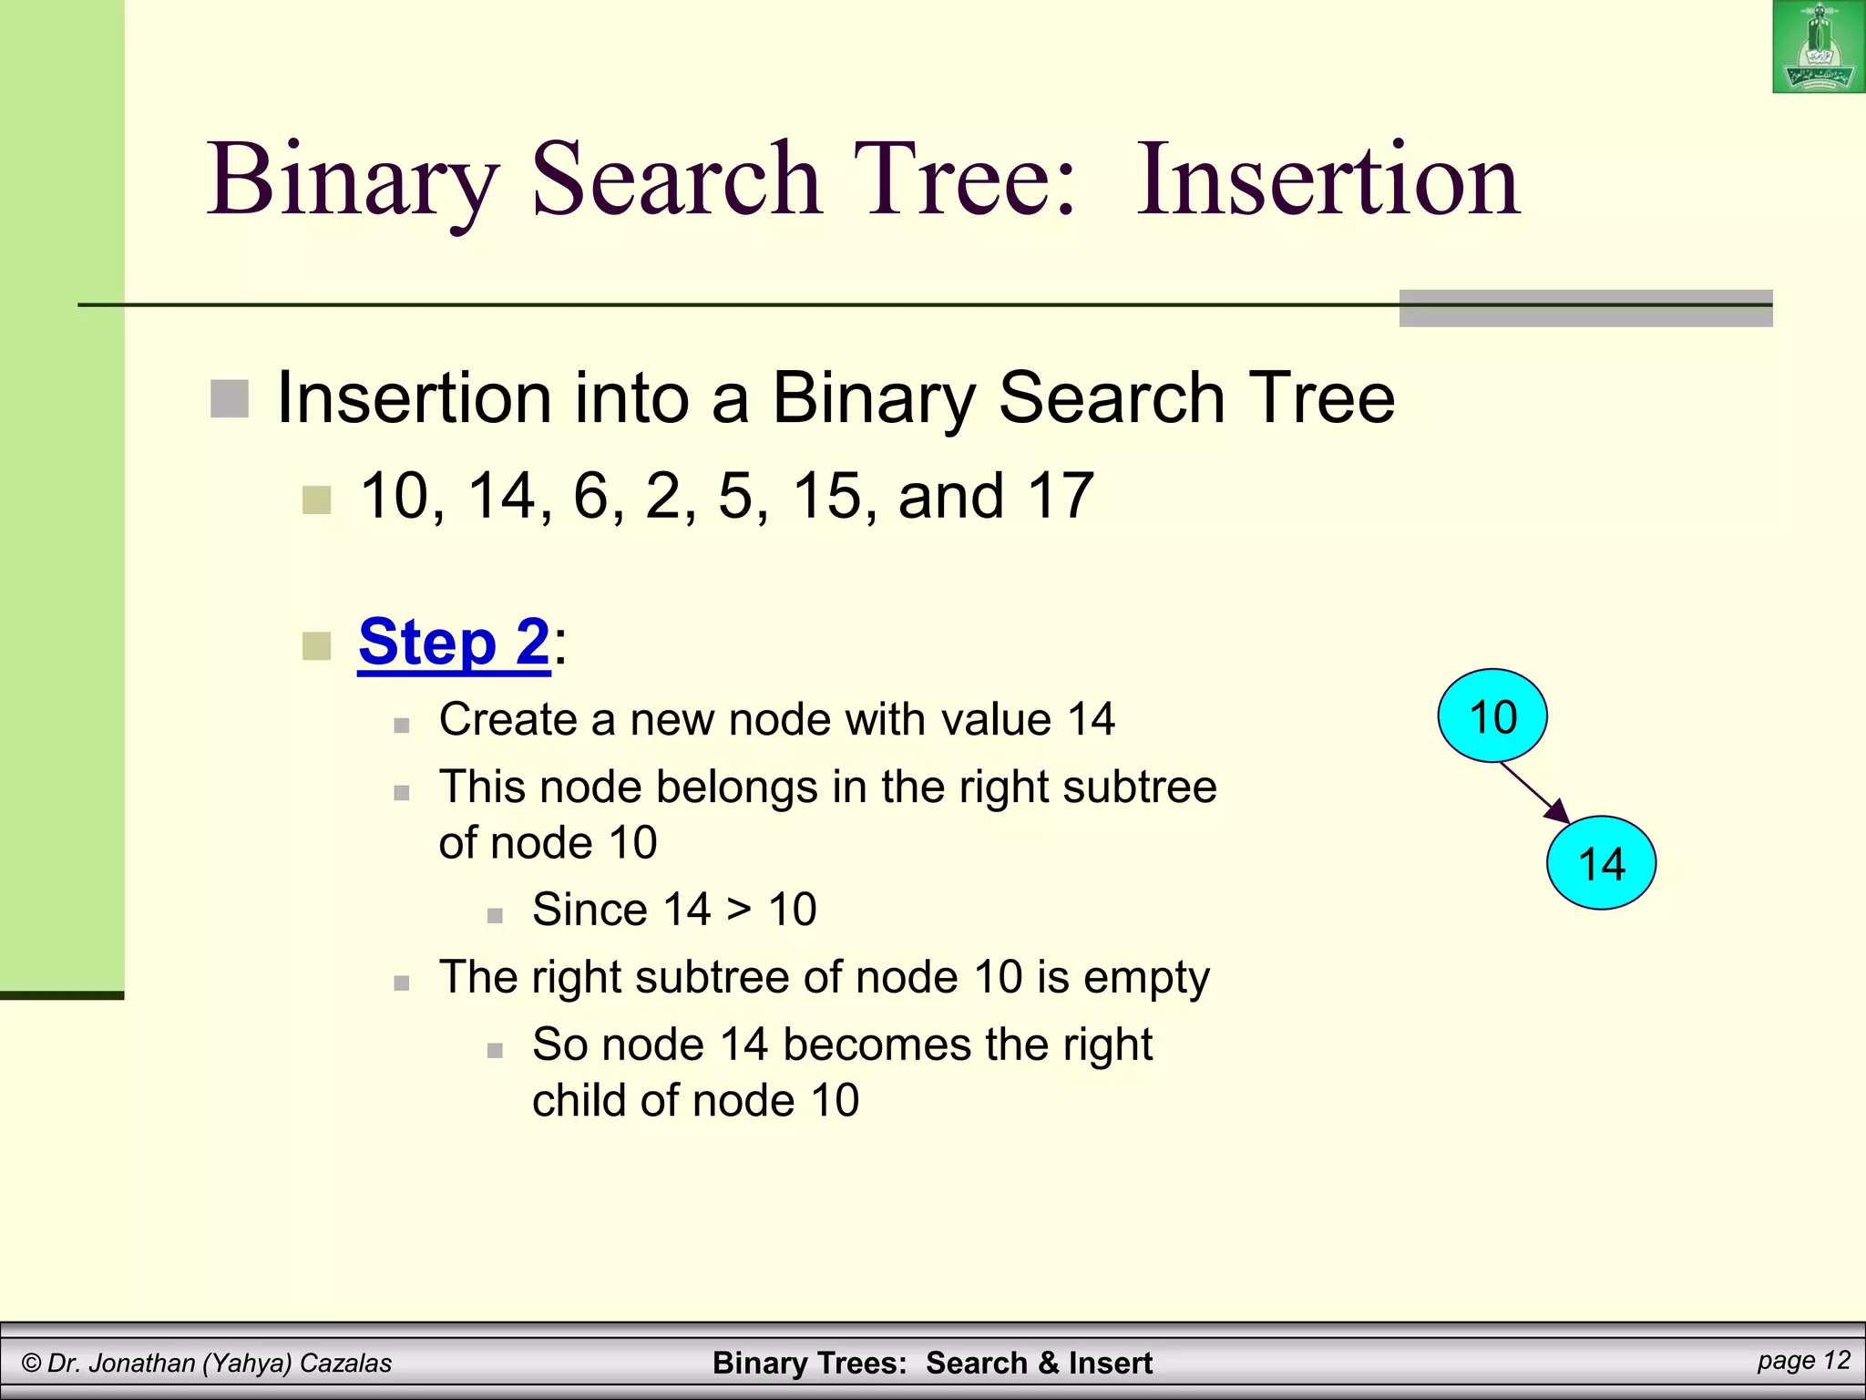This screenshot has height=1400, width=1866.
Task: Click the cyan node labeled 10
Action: coord(1492,716)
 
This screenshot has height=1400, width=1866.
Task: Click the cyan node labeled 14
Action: coord(1601,863)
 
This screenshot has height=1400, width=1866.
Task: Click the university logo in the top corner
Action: coord(1818,46)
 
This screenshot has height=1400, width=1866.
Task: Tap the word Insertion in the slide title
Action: coord(1328,180)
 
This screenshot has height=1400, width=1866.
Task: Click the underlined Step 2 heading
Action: coord(454,643)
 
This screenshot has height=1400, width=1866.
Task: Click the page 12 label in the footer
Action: coord(1803,1360)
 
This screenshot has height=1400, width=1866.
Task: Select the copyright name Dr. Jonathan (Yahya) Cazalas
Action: coord(207,1363)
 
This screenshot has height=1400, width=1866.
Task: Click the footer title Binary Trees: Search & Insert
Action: coord(932,1363)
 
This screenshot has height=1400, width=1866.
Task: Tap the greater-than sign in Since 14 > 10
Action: coord(739,910)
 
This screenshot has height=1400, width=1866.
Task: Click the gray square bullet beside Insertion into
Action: coord(230,399)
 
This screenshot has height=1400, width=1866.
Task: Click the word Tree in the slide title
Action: coord(965,180)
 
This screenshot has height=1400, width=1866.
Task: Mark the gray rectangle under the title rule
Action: coord(1584,309)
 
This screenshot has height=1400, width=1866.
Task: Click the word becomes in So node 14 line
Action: coord(877,1045)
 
